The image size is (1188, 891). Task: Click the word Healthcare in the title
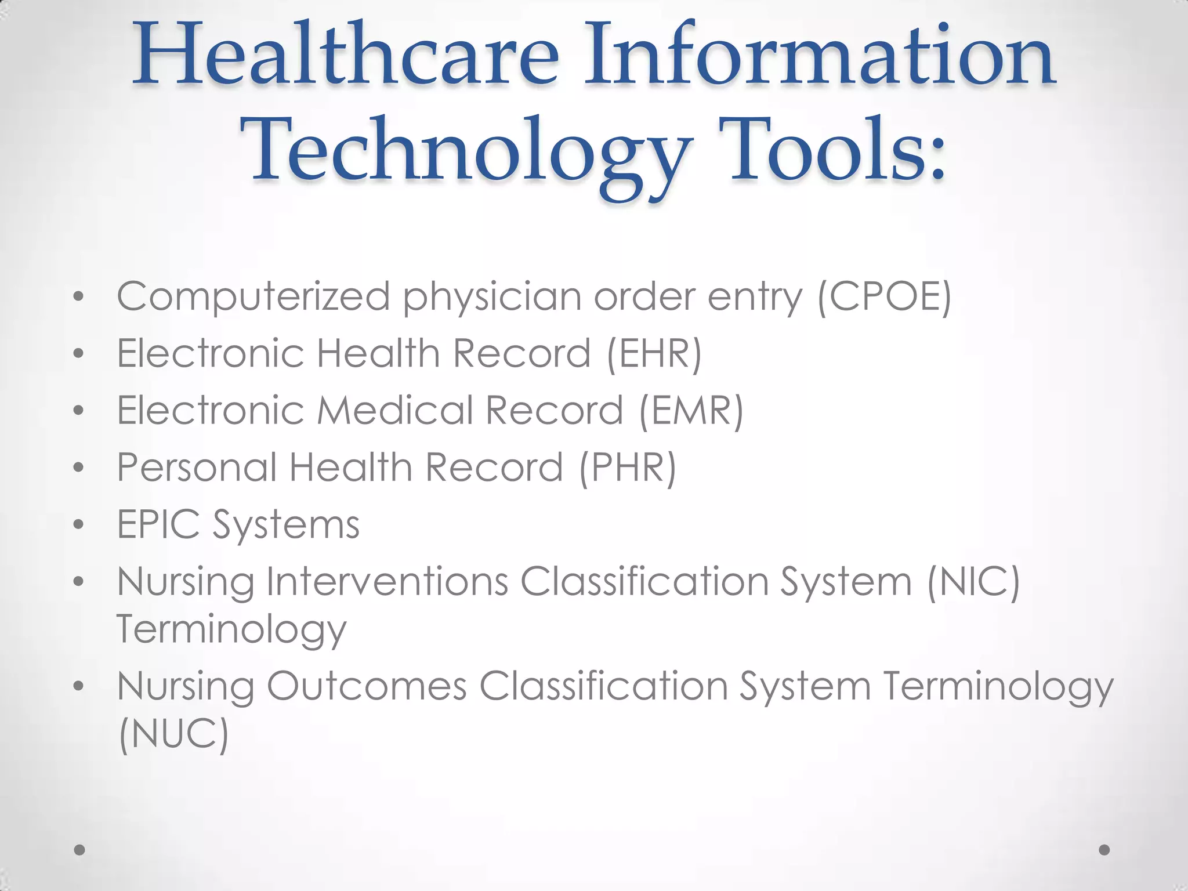pos(346,55)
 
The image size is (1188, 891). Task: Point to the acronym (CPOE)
pos(884,297)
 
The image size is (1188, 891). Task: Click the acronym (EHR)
pos(654,353)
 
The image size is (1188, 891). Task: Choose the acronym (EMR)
pos(691,411)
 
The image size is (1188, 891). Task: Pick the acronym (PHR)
pos(628,468)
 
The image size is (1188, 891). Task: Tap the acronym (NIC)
pos(973,581)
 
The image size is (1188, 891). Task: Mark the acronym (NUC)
pos(173,733)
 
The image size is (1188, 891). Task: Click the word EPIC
pos(158,524)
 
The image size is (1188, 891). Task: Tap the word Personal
pos(197,467)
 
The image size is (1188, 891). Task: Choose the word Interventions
pos(387,581)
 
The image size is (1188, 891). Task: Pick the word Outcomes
pos(367,686)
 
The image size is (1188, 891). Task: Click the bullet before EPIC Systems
pos(79,525)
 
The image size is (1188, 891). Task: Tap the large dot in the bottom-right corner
pos(1104,850)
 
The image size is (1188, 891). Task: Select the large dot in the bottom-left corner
pos(79,850)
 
